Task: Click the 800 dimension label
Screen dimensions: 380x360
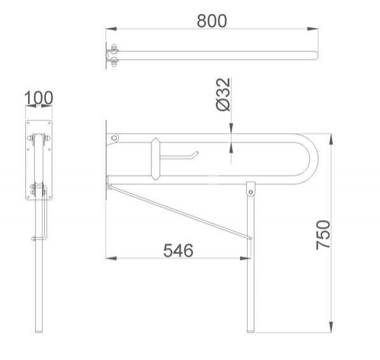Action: point(212,21)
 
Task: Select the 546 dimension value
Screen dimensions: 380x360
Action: point(178,251)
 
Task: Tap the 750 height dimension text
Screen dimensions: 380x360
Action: point(323,235)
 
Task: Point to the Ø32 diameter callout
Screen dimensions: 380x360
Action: point(223,94)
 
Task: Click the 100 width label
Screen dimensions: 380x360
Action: point(39,98)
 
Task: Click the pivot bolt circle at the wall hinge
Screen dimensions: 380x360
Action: point(114,138)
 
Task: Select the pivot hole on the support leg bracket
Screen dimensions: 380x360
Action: point(251,192)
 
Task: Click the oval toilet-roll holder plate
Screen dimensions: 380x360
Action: point(155,159)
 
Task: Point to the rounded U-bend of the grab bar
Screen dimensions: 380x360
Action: point(314,159)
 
